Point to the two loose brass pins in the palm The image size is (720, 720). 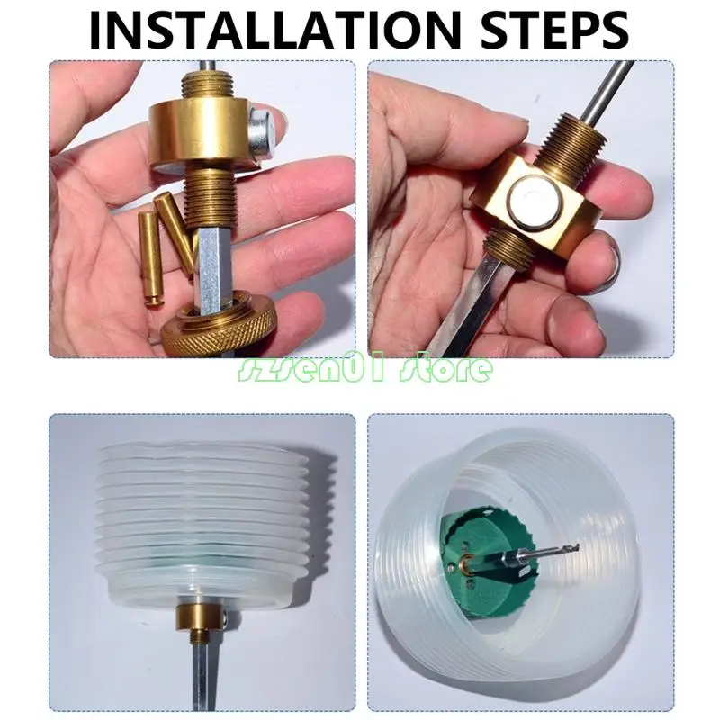(x=162, y=243)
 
